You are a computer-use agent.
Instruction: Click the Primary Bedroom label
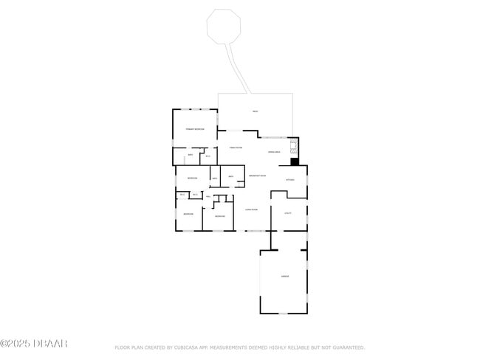[x=195, y=129]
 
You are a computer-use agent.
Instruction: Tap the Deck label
[x=255, y=112]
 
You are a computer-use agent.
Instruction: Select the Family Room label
[x=236, y=148]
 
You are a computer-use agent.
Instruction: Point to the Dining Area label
[x=273, y=152]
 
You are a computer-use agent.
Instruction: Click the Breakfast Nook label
[x=258, y=176]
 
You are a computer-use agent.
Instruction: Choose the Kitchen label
[x=290, y=179]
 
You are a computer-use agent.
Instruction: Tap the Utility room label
[x=288, y=213]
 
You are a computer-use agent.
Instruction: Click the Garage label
[x=284, y=277]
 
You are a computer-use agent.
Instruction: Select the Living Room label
[x=251, y=210]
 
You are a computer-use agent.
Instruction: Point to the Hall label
[x=209, y=197]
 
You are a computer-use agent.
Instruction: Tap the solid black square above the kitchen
[x=295, y=162]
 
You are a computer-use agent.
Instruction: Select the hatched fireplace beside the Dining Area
[x=294, y=145]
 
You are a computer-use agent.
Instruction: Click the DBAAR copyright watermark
[x=34, y=344]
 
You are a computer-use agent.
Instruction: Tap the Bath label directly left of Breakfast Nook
[x=231, y=176]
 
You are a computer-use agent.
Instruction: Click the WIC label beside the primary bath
[x=208, y=156]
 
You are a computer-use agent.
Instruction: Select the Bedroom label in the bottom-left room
[x=188, y=214]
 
